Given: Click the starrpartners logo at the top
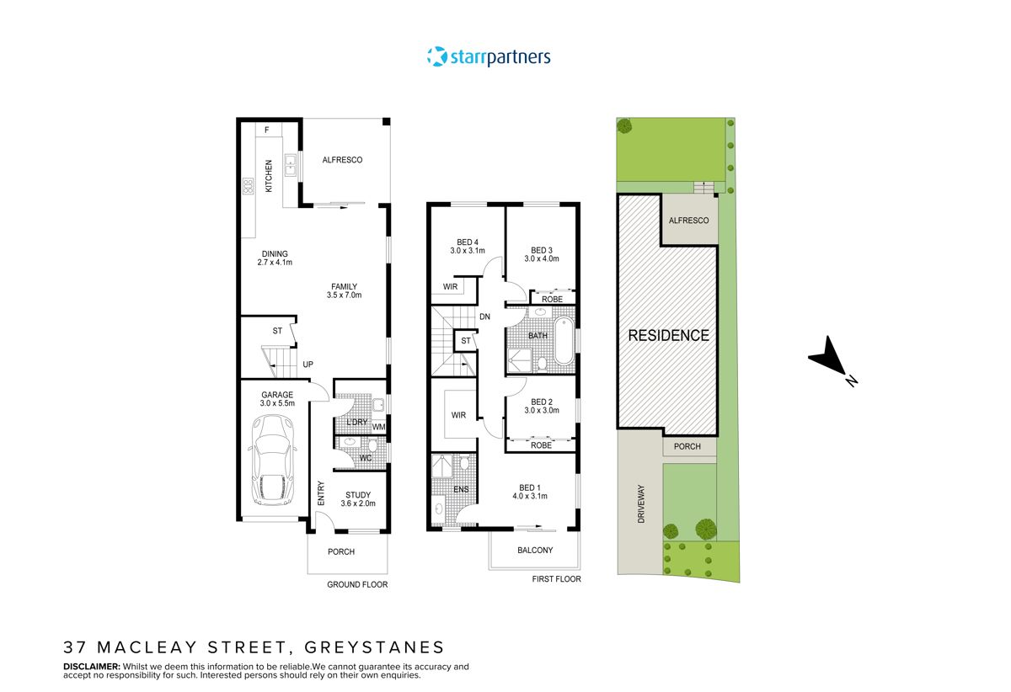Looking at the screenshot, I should (x=489, y=57).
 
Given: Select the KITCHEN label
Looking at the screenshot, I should (x=270, y=177).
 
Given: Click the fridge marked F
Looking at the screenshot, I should (x=266, y=130).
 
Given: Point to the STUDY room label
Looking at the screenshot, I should (x=357, y=495).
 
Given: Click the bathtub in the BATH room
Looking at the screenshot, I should (x=564, y=340).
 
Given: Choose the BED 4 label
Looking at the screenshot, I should (x=463, y=242).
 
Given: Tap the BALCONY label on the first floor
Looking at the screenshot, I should (x=535, y=551).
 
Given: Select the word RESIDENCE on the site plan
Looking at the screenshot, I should (x=669, y=335).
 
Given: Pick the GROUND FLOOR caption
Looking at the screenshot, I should (x=358, y=584).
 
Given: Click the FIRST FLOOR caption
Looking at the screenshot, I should (x=556, y=579).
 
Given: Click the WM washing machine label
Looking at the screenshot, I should (x=379, y=427).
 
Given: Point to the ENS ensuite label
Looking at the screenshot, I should (x=461, y=488).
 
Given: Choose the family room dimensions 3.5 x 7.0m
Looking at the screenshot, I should (x=344, y=295).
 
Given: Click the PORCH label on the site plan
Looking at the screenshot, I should (x=687, y=446).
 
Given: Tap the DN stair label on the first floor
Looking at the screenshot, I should (x=484, y=317).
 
